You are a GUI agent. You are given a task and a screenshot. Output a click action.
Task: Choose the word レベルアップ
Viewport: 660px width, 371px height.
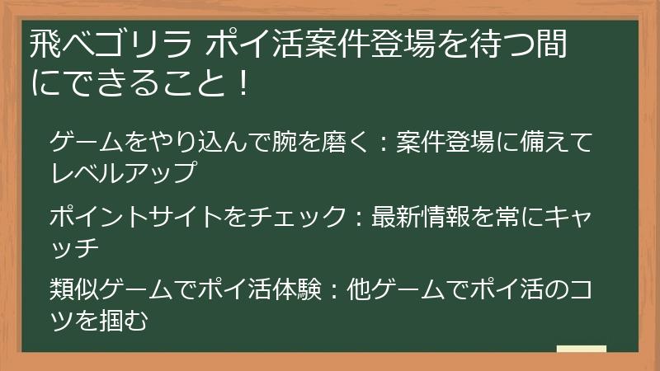tap(122, 173)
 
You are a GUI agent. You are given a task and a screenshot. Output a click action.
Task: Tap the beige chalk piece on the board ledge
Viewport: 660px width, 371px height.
tap(582, 348)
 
